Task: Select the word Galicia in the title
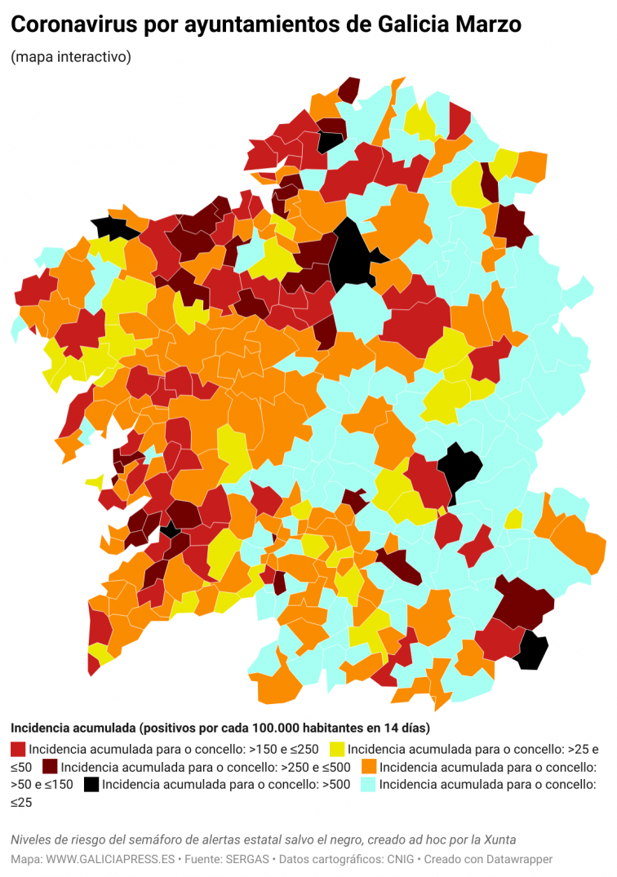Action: pyautogui.click(x=403, y=25)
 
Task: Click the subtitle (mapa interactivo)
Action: pyautogui.click(x=70, y=57)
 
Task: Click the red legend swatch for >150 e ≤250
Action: pyautogui.click(x=18, y=749)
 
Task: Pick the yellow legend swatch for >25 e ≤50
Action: pyautogui.click(x=336, y=749)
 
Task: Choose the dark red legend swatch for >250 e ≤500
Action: pyautogui.click(x=50, y=768)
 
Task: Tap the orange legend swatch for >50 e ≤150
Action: pyautogui.click(x=369, y=768)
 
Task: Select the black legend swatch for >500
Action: pyautogui.click(x=91, y=786)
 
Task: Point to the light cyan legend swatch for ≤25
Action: pyautogui.click(x=368, y=786)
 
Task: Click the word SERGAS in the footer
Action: pyautogui.click(x=249, y=859)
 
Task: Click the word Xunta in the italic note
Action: pyautogui.click(x=498, y=840)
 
